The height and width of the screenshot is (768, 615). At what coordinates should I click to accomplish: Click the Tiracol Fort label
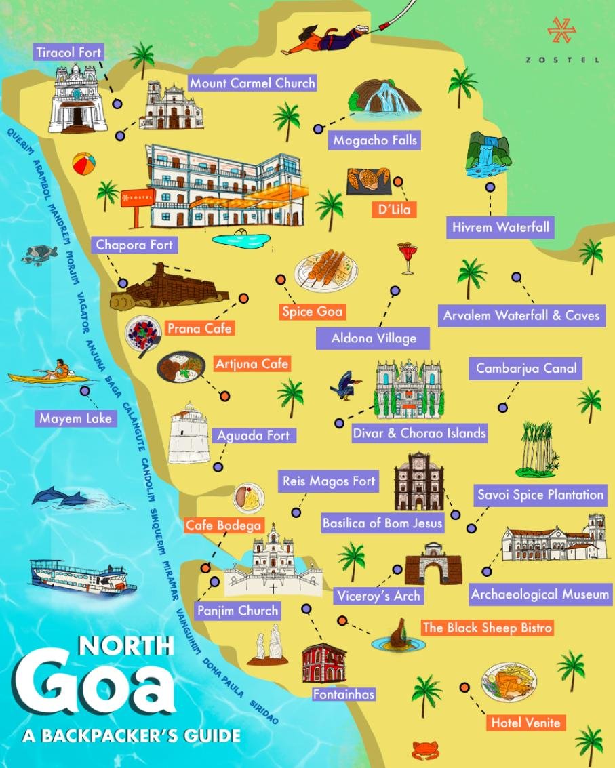68,52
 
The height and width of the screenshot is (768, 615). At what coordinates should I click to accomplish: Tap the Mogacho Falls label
374,140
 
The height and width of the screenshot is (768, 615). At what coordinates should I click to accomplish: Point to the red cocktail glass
408,258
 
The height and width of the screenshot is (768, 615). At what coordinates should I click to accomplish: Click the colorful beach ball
83,164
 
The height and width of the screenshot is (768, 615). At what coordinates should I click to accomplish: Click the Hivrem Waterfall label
500,226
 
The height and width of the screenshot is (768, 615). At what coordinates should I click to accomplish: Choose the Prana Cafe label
199,328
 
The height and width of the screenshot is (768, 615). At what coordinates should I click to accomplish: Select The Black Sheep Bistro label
486,628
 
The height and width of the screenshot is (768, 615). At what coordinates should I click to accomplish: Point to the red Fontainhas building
324,662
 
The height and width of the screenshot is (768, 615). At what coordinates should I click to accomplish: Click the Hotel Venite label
525,722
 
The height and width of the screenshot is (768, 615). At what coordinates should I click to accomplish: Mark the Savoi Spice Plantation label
540,494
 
